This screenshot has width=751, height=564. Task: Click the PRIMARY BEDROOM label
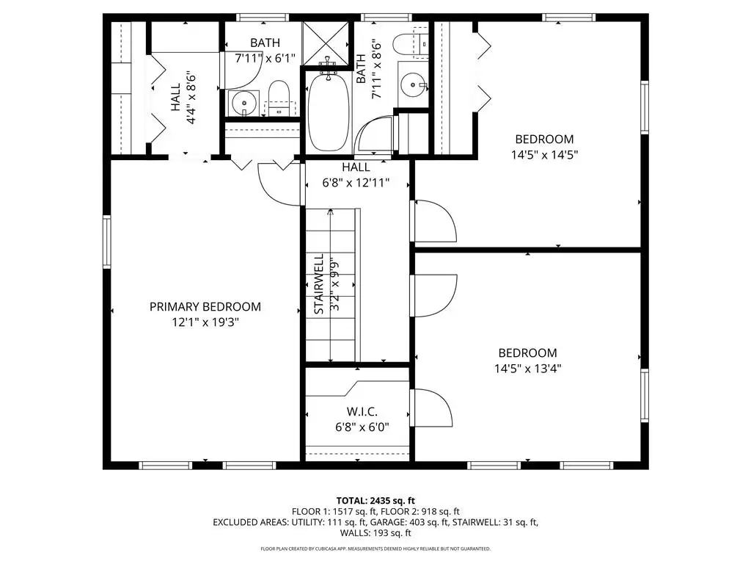(205, 307)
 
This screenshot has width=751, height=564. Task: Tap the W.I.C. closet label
(362, 411)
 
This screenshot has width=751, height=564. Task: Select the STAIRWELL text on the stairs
(319, 284)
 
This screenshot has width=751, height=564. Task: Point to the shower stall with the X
(326, 43)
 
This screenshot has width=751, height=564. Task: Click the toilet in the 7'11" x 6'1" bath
(279, 98)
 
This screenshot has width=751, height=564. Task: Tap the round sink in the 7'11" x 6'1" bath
(244, 103)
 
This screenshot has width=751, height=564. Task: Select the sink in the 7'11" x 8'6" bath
(414, 85)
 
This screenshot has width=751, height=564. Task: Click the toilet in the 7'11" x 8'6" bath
(411, 45)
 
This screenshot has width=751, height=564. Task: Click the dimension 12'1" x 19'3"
(205, 322)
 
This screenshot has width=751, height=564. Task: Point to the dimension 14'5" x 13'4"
(528, 369)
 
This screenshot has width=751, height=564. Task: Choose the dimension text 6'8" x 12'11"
(356, 183)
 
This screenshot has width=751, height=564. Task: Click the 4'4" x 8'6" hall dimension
(191, 100)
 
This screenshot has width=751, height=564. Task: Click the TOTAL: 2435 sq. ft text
(375, 501)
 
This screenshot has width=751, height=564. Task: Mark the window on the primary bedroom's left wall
(107, 242)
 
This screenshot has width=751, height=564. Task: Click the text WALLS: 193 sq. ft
(375, 533)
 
